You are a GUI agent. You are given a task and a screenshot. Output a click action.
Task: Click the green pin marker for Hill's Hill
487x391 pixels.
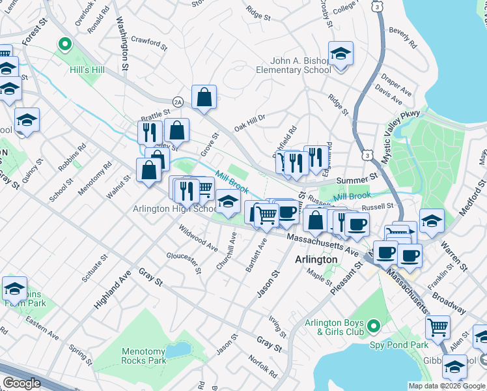[64, 44]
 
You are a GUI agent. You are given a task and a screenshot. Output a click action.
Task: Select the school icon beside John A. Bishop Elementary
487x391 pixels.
[340, 54]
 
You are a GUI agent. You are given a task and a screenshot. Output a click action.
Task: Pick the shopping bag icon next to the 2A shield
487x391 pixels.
[204, 98]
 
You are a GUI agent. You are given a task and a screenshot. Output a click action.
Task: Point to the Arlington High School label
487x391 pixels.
[175, 209]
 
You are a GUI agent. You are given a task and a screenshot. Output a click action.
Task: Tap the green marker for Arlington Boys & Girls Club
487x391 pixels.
[373, 325]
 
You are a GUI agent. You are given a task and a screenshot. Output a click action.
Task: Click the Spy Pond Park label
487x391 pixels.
[398, 344]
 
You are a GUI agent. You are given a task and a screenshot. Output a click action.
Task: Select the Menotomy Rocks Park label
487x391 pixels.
[143, 356]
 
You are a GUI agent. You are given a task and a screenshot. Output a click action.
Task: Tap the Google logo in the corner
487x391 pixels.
[22, 383]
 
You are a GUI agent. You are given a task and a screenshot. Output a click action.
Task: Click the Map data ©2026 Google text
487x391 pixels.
[447, 386]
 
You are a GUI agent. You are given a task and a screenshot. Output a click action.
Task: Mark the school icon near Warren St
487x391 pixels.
[432, 221]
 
